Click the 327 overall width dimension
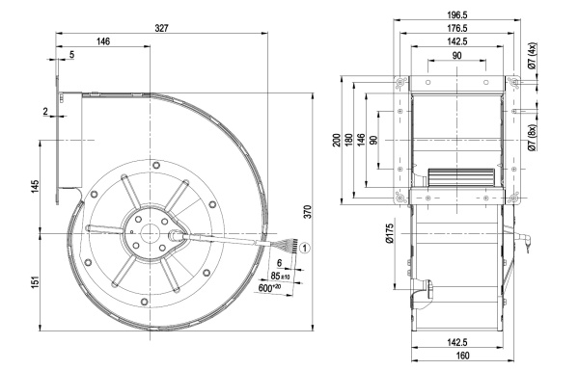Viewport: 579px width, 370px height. [162, 28]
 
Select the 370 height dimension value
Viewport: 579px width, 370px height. [308, 212]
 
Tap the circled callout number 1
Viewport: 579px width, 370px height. [305, 248]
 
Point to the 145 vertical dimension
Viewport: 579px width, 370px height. [35, 187]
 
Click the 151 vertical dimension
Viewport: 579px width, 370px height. [35, 282]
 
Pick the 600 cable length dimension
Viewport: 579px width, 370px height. [267, 288]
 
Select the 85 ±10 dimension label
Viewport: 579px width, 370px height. [281, 276]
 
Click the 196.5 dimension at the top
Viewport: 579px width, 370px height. [456, 14]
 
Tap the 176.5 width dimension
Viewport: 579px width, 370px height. [456, 28]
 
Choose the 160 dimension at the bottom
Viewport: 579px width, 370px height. [462, 356]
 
